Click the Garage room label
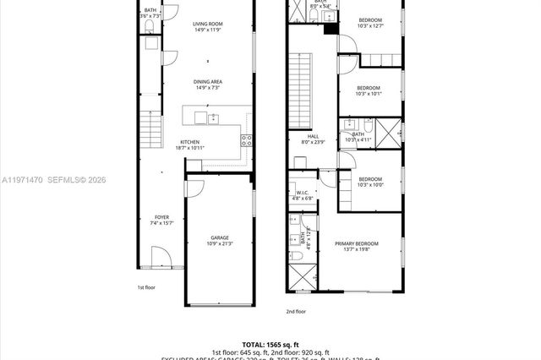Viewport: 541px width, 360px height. pyautogui.click(x=220, y=241)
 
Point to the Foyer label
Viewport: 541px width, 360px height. pyautogui.click(x=161, y=220)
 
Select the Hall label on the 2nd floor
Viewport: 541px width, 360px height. pyautogui.click(x=313, y=138)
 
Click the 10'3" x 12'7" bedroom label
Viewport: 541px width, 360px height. pyautogui.click(x=370, y=22)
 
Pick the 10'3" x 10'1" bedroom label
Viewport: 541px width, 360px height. pyautogui.click(x=369, y=90)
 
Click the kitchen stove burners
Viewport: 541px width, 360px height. pyautogui.click(x=246, y=140)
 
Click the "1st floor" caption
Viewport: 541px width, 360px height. pyautogui.click(x=147, y=287)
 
